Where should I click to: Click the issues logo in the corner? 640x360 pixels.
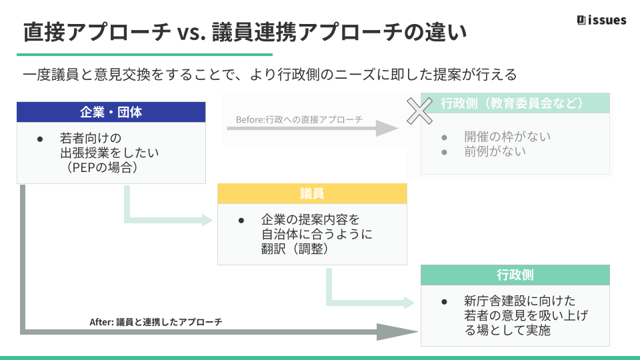tap(601, 20)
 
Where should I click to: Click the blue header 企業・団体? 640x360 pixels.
tap(111, 112)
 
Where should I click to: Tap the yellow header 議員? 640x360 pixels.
tap(312, 194)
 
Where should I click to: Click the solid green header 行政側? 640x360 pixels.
tap(515, 275)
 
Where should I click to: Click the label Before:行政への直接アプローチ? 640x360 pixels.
tap(299, 120)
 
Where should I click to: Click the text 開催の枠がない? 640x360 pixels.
tap(507, 137)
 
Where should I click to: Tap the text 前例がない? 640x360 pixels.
tap(495, 151)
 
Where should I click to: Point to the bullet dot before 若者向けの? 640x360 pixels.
tap(40, 138)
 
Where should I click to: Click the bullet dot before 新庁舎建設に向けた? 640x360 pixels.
tap(444, 301)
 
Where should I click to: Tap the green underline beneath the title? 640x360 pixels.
tap(145, 55)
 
